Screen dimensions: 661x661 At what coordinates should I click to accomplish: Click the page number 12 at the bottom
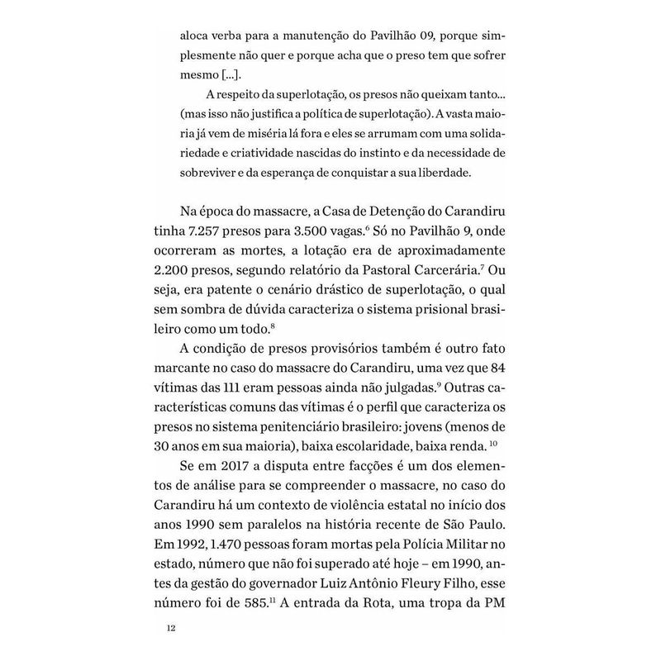[171, 628]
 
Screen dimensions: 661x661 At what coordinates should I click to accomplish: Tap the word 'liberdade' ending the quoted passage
[457, 174]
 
